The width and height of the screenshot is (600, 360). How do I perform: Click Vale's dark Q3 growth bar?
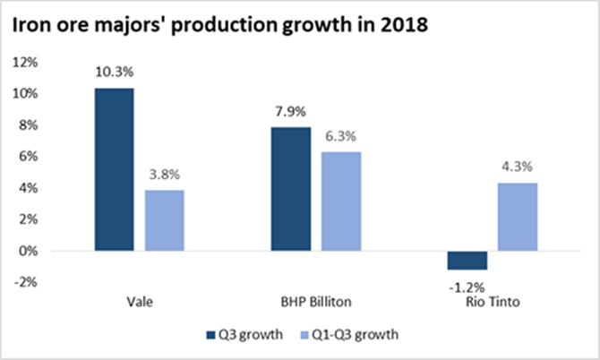point(115,169)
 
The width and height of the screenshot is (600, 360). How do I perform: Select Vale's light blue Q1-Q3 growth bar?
point(165,220)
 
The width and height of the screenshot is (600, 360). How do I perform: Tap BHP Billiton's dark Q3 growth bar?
point(291,189)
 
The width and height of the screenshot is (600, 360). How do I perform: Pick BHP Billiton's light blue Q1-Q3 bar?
point(341,201)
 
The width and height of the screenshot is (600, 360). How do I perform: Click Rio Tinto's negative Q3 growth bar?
point(467,261)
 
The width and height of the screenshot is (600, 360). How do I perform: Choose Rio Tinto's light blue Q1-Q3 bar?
point(518,217)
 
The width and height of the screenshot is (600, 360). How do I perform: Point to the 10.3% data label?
point(115,72)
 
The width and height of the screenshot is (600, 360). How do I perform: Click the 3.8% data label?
point(165,175)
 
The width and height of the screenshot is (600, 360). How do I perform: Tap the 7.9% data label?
point(291,112)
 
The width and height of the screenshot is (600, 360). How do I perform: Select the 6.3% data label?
point(341,136)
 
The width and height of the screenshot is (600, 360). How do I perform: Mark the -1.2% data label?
point(467,287)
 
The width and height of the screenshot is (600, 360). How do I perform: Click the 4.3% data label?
point(518,167)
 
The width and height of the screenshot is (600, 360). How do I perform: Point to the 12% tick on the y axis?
point(25,62)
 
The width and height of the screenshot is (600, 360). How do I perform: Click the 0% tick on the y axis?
point(29,252)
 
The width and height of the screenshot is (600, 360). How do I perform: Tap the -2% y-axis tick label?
point(26,282)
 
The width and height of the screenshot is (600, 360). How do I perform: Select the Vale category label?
point(140,302)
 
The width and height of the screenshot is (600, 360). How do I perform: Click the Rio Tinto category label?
point(493,302)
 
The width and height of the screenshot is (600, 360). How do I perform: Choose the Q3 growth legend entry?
point(244,335)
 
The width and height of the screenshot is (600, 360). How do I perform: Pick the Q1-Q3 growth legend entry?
point(349,335)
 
